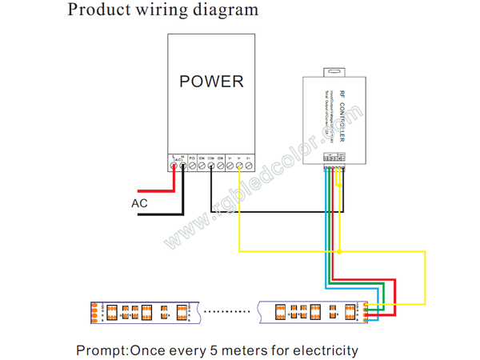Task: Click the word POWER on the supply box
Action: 211,81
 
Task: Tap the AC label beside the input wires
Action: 139,203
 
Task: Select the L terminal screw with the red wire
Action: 174,166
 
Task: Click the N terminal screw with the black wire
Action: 183,166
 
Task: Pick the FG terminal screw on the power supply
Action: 193,166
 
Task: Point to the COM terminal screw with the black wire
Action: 211,166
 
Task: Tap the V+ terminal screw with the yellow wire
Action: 238,166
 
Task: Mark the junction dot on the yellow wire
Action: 340,252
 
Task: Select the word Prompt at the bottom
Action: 100,350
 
